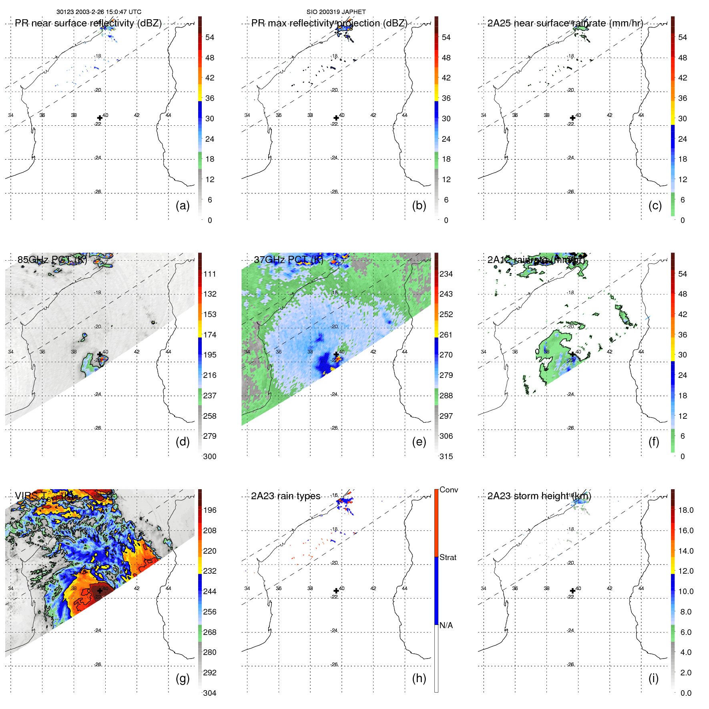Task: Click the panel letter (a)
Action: (x=183, y=206)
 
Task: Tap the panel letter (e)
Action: (x=419, y=442)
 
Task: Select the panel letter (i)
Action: (x=653, y=678)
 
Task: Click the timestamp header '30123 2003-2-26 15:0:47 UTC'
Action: (x=99, y=12)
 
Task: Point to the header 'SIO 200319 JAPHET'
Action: (x=336, y=12)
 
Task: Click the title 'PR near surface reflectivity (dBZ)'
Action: (x=88, y=23)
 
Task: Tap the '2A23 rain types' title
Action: (x=285, y=496)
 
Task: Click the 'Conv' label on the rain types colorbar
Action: (x=448, y=490)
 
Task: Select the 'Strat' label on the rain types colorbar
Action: (x=448, y=557)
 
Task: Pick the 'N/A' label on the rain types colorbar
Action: (x=446, y=625)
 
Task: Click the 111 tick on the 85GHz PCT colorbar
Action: (x=209, y=274)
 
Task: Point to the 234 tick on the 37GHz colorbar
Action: (x=446, y=274)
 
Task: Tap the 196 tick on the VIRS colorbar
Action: (x=209, y=510)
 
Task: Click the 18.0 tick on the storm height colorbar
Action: (x=685, y=510)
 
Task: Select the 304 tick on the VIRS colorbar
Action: (x=209, y=693)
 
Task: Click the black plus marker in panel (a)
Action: (x=100, y=118)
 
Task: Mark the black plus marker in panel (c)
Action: (x=572, y=118)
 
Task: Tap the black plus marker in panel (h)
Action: (x=336, y=590)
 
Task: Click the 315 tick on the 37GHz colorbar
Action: (x=446, y=456)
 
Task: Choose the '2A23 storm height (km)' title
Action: (x=539, y=496)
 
